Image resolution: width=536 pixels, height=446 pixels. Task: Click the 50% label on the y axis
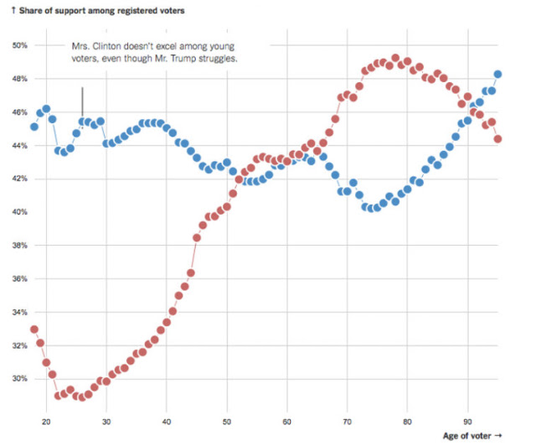[x=20, y=45]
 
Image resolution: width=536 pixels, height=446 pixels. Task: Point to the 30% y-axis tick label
[x=20, y=379]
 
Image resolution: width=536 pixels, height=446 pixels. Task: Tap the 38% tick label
[x=20, y=246]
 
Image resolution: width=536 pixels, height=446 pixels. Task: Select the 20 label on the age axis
[x=46, y=422]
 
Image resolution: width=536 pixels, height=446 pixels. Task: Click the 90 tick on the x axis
[x=467, y=422]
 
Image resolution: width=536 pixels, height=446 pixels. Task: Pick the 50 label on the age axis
[x=227, y=422]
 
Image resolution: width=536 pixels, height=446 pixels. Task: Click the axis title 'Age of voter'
[x=467, y=436]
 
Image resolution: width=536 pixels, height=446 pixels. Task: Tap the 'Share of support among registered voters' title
[x=101, y=11]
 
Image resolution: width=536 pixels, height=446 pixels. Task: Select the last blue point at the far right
[x=497, y=75]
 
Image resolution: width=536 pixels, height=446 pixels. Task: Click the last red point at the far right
[x=497, y=139]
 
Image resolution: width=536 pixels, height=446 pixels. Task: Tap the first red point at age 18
[x=34, y=329]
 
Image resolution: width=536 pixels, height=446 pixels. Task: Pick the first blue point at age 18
[x=34, y=127]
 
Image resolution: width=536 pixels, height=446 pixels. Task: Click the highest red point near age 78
[x=395, y=58]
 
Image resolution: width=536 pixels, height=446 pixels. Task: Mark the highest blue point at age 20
[x=46, y=109]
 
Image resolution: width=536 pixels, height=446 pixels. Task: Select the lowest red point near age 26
[x=82, y=397]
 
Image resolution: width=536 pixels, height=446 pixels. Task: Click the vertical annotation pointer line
[x=82, y=102]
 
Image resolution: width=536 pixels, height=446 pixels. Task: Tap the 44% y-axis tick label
[x=20, y=146]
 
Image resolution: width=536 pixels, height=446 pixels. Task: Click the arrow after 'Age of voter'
[x=497, y=436]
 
